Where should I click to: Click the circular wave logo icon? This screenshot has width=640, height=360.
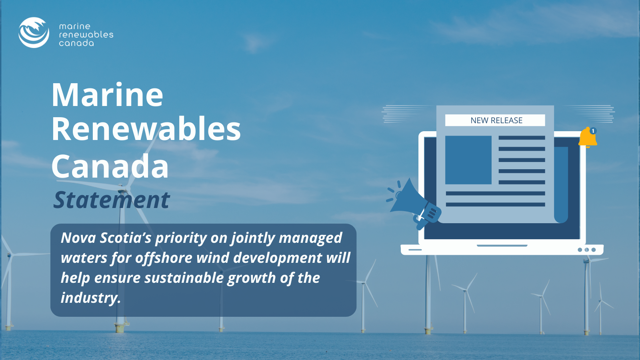pos(34,32)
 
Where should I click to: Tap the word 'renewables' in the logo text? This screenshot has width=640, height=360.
pos(86,34)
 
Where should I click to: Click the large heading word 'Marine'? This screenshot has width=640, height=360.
pos(107,95)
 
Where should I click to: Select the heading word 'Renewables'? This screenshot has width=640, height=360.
pos(146,129)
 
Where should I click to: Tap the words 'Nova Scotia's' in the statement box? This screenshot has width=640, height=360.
pos(106,238)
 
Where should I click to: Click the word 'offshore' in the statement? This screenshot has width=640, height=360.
pos(164,258)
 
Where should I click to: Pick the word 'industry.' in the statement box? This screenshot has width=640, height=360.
pos(91,298)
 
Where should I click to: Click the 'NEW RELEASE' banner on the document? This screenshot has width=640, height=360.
pos(495,120)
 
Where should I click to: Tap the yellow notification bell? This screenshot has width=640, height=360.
pos(588,138)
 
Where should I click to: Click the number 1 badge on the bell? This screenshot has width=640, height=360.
pos(593,131)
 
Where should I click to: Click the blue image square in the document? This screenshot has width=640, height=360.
pos(468,160)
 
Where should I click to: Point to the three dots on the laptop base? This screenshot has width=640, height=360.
pos(586,250)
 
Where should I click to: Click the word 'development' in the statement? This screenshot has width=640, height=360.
pos(278,258)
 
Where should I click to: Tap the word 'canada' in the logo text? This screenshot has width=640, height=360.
pos(76,43)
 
